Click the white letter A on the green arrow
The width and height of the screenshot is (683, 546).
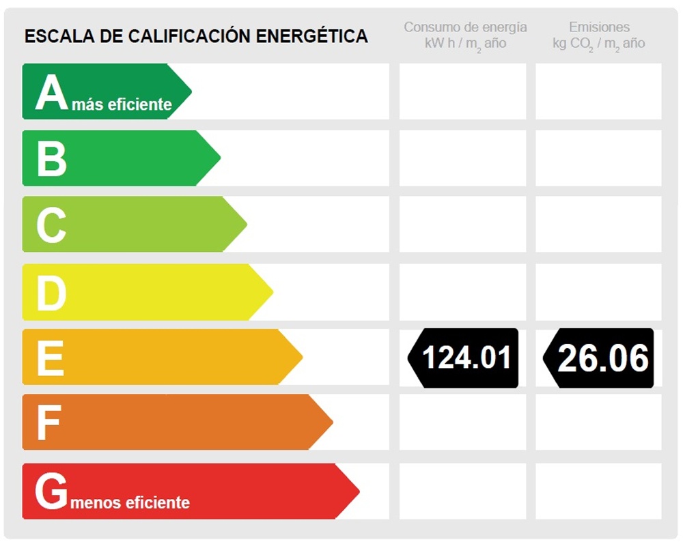pyautogui.click(x=52, y=93)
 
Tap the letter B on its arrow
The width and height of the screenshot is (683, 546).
pyautogui.click(x=51, y=158)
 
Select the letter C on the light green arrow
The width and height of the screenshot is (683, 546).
pyautogui.click(x=51, y=225)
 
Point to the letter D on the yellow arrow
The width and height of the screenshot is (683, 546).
pyautogui.click(x=51, y=293)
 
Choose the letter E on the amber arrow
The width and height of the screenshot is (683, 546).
pyautogui.click(x=50, y=358)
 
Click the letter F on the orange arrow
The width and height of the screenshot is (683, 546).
pyautogui.click(x=48, y=422)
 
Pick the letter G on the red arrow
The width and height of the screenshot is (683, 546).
pyautogui.click(x=51, y=491)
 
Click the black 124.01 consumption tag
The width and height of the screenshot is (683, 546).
pyautogui.click(x=464, y=358)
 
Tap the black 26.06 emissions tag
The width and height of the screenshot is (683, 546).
pyautogui.click(x=600, y=358)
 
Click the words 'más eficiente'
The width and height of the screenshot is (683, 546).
pyautogui.click(x=122, y=104)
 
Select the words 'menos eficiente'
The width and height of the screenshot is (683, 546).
pyautogui.click(x=129, y=503)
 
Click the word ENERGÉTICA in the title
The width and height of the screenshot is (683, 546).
pyautogui.click(x=311, y=36)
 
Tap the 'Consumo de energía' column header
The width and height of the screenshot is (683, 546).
pyautogui.click(x=465, y=27)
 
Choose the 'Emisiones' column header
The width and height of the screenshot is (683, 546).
pyautogui.click(x=599, y=27)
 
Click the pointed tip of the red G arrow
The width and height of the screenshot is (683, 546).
pyautogui.click(x=357, y=491)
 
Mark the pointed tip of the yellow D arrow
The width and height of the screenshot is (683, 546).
pyautogui.click(x=271, y=292)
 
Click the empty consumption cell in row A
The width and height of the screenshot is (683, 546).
pyautogui.click(x=462, y=91)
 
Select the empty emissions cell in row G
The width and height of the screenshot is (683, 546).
pyautogui.click(x=598, y=491)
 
